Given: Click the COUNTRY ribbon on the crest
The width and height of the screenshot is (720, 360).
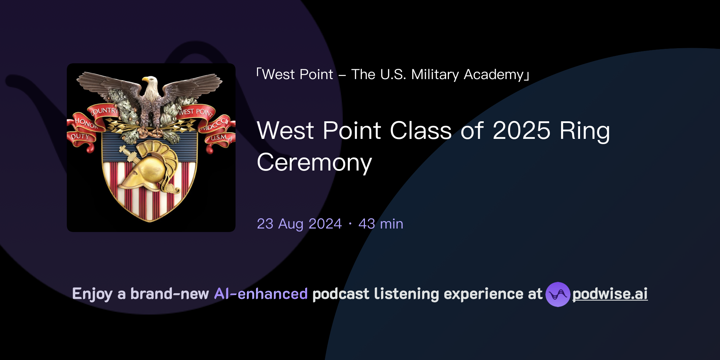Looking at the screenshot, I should coord(103,111).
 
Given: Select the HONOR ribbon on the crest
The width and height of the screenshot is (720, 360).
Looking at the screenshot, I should coord(85,123).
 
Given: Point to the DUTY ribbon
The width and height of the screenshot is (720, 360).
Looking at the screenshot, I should coord(80,136).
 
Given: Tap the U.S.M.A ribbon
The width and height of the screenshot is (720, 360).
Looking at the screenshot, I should coord(221,137).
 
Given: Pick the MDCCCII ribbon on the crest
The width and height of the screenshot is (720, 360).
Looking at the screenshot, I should coord(214,124).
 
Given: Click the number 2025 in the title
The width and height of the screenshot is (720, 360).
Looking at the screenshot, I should coord(521,131).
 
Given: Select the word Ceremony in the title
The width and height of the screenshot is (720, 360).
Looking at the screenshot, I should coord(314,163).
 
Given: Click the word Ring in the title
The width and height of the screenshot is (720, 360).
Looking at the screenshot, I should coord(585,131).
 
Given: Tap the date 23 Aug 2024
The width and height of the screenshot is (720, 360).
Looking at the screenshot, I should coord(299,224).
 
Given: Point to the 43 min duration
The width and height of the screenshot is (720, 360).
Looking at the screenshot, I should coord(381,224).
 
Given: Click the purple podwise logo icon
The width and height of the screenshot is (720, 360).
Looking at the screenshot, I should coord(558,294).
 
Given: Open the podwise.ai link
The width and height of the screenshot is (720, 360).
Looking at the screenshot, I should coord(610,294).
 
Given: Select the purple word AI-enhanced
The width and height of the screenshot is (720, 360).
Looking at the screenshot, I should coord(261,294).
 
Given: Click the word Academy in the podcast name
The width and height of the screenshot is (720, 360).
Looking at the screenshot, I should coord(494,75).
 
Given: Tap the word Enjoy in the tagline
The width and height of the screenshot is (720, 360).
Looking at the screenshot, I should coord(92,294).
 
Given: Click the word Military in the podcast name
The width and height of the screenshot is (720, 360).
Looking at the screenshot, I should coord(435,75).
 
